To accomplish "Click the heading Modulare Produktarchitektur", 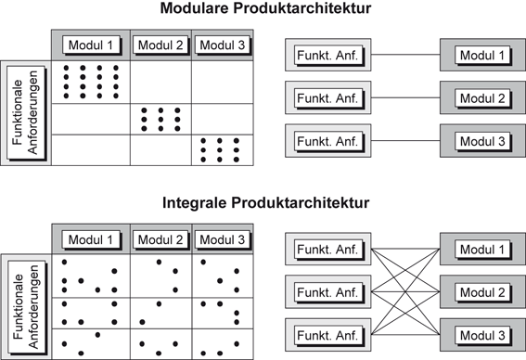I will (x=263, y=11).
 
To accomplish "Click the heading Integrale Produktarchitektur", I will (x=263, y=201).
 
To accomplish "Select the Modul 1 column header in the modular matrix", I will (x=90, y=45).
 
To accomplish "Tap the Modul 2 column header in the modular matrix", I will (x=160, y=45).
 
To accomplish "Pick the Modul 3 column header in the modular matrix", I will (x=223, y=45).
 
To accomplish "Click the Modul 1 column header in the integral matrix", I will (x=90, y=240).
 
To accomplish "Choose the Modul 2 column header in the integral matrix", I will (x=160, y=240).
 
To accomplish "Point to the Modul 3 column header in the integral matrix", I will (x=223, y=240).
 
